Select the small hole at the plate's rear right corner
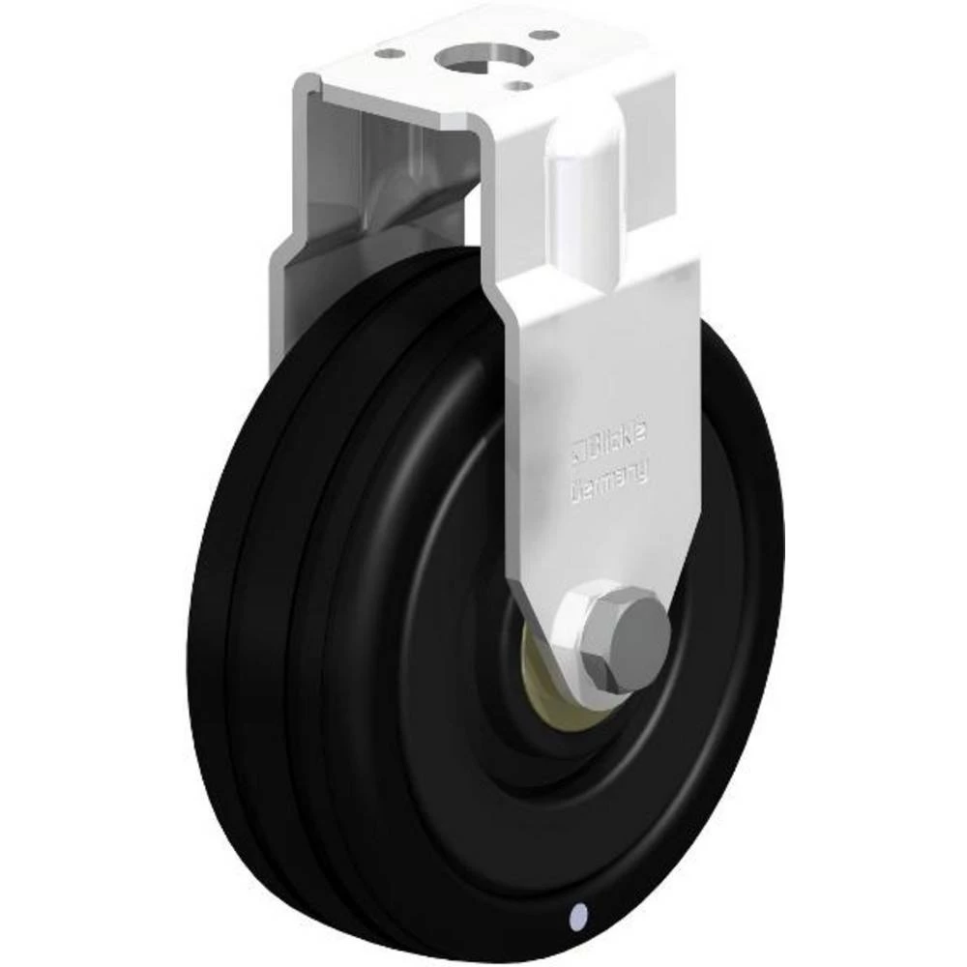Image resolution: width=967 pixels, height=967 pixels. (548, 35)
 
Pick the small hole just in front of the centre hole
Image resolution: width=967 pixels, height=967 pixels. (521, 85)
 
